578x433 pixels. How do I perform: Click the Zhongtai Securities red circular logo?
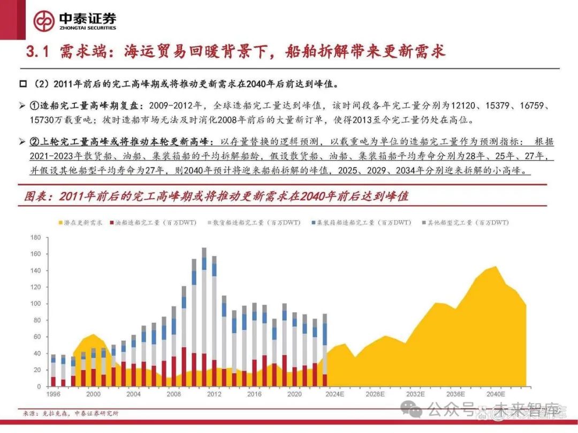click(44, 21)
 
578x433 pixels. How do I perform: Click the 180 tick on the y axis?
click(36, 237)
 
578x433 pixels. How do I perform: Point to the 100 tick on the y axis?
click(36, 304)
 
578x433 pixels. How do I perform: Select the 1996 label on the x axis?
click(53, 394)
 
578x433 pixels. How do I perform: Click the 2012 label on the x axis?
click(214, 394)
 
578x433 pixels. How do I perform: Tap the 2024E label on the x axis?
click(335, 394)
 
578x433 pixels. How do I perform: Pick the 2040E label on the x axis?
click(496, 394)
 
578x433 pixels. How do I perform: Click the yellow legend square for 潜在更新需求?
click(59, 222)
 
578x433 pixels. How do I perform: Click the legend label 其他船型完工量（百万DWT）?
click(465, 222)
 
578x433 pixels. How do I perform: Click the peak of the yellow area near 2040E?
click(496, 266)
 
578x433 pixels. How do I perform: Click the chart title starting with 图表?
click(216, 196)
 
